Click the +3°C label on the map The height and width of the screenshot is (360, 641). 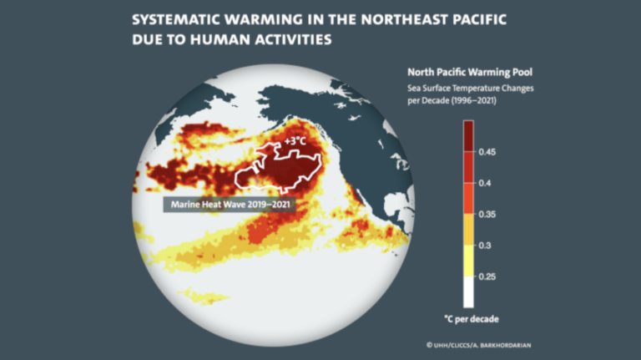click(x=295, y=142)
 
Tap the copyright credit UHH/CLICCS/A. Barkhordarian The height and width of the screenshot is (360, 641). click(x=482, y=344)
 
